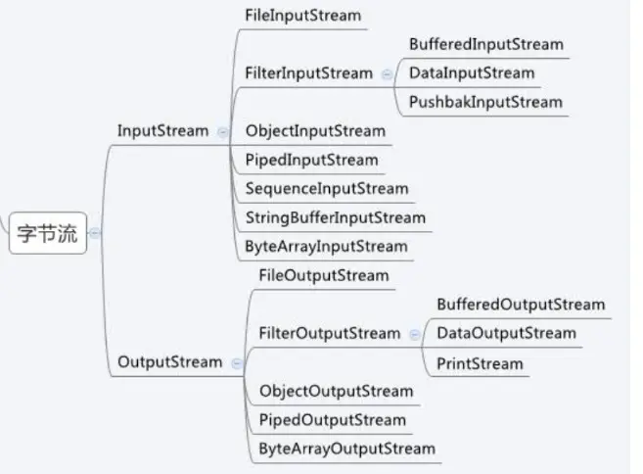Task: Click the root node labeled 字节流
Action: (48, 235)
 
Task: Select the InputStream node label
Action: (162, 130)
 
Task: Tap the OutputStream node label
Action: (169, 361)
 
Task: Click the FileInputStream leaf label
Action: (302, 16)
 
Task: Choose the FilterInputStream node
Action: (309, 73)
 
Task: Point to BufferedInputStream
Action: (485, 44)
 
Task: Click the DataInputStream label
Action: (472, 72)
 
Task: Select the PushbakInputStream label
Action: (485, 102)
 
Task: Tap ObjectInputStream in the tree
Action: (315, 130)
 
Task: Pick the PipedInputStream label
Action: (311, 160)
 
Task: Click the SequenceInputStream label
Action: (327, 188)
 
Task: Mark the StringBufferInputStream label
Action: (336, 217)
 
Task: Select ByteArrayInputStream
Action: (326, 246)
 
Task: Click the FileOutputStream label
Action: (324, 275)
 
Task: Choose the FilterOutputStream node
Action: (330, 333)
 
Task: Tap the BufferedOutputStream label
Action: (521, 305)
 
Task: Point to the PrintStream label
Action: (480, 363)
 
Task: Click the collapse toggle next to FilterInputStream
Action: (387, 73)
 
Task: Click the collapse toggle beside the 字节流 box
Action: (95, 234)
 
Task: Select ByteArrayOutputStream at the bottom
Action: (346, 449)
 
